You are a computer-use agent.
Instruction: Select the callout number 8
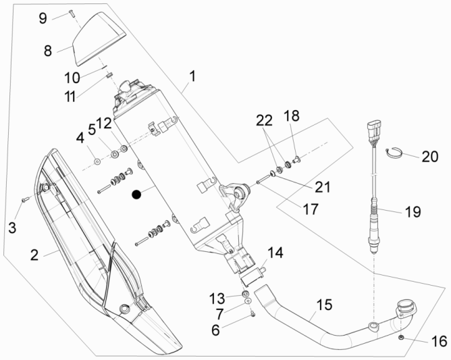pyautogui.click(x=48, y=50)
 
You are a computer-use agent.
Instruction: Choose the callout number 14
pyautogui.click(x=276, y=254)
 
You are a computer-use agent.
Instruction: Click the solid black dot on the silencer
pyautogui.click(x=137, y=195)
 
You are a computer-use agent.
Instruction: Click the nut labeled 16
pyautogui.click(x=402, y=336)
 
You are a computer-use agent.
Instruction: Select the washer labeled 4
pyautogui.click(x=97, y=162)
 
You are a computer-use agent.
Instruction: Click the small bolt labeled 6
pyautogui.click(x=250, y=313)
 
